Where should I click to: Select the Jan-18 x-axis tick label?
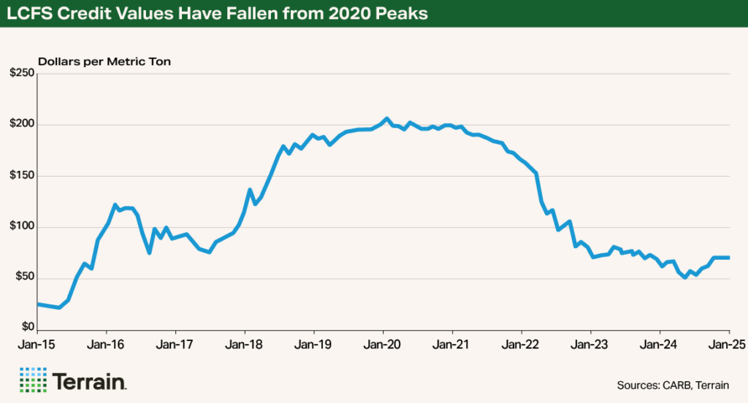point(245,343)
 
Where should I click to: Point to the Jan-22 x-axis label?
point(522,343)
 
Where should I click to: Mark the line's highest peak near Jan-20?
point(387,118)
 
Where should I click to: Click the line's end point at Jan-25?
point(729,257)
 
